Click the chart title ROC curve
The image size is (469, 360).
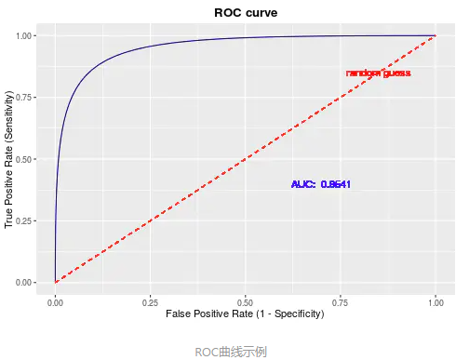(x=246, y=12)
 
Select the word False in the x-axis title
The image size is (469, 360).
(x=181, y=314)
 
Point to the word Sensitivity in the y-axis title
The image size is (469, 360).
(x=10, y=108)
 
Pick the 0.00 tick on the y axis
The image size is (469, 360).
(x=25, y=282)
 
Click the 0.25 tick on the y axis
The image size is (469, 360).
(x=25, y=220)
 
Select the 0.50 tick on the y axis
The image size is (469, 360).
(x=25, y=159)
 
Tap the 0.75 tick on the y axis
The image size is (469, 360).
(x=25, y=98)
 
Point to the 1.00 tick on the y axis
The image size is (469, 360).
(x=25, y=35)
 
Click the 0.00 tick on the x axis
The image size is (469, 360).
(x=55, y=302)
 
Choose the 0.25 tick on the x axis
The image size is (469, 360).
(x=150, y=302)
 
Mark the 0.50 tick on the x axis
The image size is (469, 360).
(x=245, y=302)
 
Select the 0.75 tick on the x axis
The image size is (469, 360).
(x=340, y=302)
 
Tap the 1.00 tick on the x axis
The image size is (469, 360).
(x=435, y=302)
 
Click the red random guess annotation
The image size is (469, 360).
(x=378, y=73)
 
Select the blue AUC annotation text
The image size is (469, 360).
(x=320, y=184)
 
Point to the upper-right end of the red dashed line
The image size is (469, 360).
(x=435, y=36)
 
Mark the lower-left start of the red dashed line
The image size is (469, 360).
(x=56, y=282)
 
